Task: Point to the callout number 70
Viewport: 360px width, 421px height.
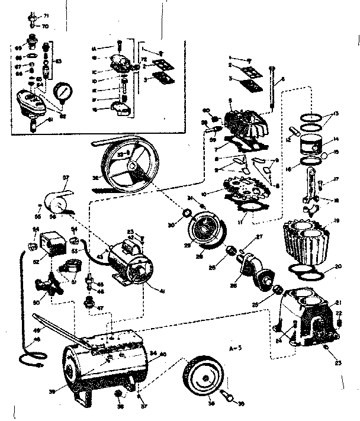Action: point(45,26)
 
